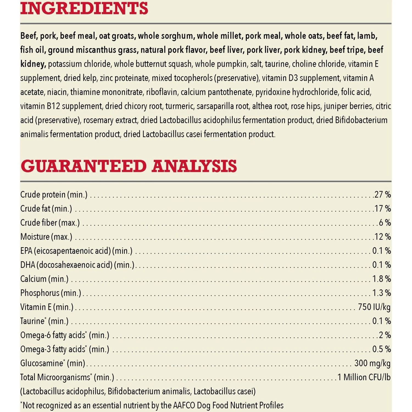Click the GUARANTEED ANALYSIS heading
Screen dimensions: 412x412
pos(129,166)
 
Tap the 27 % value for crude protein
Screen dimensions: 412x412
pos(383,194)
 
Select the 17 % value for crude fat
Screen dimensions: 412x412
pos(383,208)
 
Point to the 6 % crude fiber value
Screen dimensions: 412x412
pos(385,222)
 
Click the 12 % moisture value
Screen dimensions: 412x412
pos(383,236)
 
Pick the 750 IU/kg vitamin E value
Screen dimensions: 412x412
pos(374,307)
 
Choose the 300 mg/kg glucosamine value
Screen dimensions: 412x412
pos(372,363)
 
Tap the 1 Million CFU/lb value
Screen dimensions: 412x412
pos(364,377)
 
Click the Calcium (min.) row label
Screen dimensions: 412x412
pos(44,279)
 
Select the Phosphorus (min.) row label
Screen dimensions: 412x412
pos(51,293)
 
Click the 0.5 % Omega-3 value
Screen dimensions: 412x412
pos(382,349)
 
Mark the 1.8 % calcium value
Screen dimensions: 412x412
pos(382,279)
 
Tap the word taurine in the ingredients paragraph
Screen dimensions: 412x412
pos(277,64)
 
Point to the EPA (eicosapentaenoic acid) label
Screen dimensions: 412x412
pos(76,251)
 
